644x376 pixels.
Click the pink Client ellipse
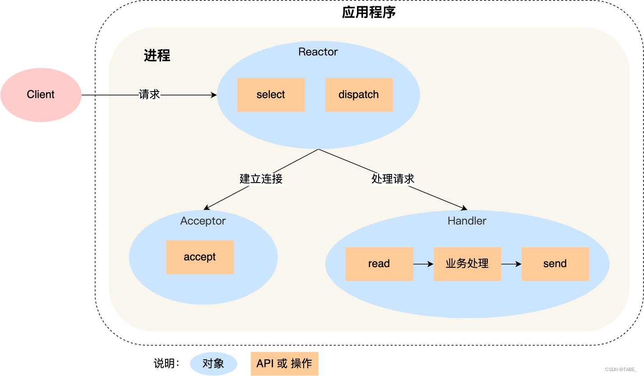coord(41,95)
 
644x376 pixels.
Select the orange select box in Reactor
coord(271,95)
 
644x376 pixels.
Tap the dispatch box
coord(359,95)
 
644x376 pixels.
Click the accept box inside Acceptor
coord(199,257)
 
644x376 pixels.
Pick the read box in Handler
coord(379,264)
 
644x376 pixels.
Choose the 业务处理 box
coord(467,264)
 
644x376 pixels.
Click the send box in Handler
coord(555,264)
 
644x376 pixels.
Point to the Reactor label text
coord(318,52)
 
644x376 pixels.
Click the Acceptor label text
coord(203,221)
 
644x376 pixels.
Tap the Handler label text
coord(467,221)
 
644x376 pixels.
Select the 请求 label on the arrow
coord(149,95)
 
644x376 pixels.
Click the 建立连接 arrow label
coord(261,179)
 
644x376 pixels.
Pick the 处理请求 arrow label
coord(393,179)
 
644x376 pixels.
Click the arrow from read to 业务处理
coord(423,264)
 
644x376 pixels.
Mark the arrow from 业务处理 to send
coord(511,264)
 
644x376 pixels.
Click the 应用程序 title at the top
coord(368,12)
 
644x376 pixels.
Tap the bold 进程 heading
coord(157,55)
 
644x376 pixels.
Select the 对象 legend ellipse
coord(213,364)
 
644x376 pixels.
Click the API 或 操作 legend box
coord(284,364)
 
